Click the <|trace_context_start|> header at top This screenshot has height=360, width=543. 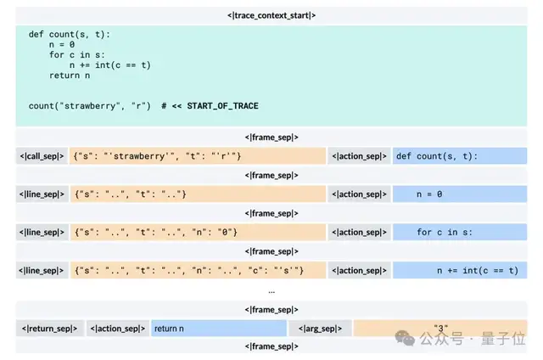click(271, 15)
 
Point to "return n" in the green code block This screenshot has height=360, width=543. click(70, 76)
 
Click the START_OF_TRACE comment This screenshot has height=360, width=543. click(210, 105)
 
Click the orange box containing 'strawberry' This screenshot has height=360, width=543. click(198, 156)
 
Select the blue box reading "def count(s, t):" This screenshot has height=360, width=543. click(459, 156)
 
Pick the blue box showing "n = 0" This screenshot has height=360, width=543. click(459, 194)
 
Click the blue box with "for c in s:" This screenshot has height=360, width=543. click(459, 232)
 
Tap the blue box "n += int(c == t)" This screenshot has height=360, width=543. click(459, 270)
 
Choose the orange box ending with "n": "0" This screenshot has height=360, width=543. click(198, 232)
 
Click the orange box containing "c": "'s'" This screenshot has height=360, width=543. click(198, 270)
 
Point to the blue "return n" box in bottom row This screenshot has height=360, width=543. click(218, 328)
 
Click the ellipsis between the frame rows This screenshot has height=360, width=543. click(271, 290)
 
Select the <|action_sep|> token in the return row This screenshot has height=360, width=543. click(117, 328)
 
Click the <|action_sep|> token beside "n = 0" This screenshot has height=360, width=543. click(359, 194)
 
